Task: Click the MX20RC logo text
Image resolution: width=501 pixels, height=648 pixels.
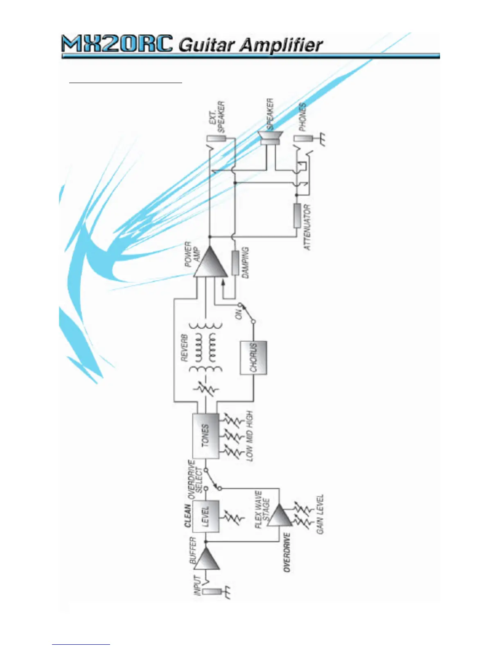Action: pyautogui.click(x=117, y=44)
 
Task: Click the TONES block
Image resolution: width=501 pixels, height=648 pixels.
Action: pyautogui.click(x=205, y=435)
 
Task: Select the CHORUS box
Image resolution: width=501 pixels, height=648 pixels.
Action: pyautogui.click(x=253, y=358)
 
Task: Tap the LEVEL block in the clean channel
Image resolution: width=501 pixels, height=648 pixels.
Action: pyautogui.click(x=206, y=516)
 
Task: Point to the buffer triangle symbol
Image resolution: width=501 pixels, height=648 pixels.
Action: pyautogui.click(x=207, y=558)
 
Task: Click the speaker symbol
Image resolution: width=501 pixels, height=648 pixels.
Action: pyautogui.click(x=270, y=138)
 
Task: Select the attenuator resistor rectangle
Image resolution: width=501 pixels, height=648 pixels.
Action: pyautogui.click(x=297, y=216)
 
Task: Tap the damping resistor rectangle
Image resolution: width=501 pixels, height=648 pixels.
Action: pyautogui.click(x=235, y=263)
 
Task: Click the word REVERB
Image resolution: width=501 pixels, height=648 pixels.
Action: pyautogui.click(x=184, y=348)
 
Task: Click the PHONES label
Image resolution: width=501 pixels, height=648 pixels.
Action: pyautogui.click(x=302, y=117)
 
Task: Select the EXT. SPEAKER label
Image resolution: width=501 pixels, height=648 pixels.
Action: pyautogui.click(x=217, y=117)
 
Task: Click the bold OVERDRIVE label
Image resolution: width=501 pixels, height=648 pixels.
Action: pyautogui.click(x=287, y=552)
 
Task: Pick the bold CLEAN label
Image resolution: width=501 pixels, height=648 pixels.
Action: pyautogui.click(x=187, y=515)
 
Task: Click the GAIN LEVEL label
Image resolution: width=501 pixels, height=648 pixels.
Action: pyautogui.click(x=320, y=514)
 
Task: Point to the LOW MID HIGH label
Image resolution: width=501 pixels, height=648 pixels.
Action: pyautogui.click(x=250, y=436)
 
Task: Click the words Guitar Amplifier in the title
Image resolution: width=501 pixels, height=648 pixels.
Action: pyautogui.click(x=250, y=45)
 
